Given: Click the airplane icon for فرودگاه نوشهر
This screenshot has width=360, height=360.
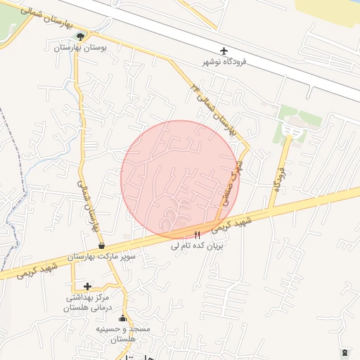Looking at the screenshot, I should (224, 51).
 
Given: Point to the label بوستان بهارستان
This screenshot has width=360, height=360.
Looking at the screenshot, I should (84, 48).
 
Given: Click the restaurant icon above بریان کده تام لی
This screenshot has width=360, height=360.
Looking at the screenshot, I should (197, 235).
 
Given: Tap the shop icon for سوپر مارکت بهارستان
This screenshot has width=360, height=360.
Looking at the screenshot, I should (103, 246).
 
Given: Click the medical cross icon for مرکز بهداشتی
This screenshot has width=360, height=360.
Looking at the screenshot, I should (87, 286).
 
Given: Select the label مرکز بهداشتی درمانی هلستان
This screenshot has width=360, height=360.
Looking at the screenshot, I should (88, 302).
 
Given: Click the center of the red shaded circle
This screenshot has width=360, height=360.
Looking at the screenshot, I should (180, 179).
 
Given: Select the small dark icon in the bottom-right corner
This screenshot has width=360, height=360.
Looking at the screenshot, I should (344, 351).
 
